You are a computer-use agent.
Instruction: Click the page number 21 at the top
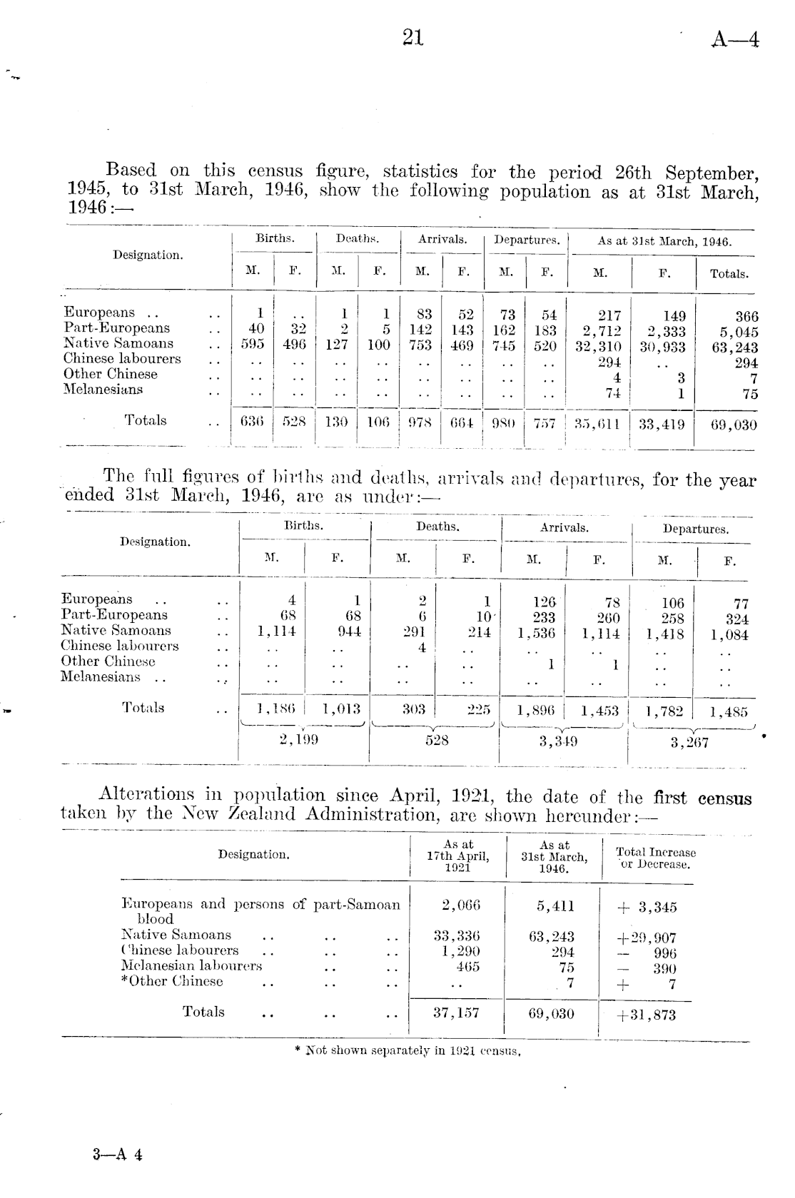coord(413,37)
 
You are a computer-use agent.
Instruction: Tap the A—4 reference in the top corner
coord(734,40)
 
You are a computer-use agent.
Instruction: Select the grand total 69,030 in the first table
coord(734,425)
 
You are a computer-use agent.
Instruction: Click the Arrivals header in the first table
coord(442,240)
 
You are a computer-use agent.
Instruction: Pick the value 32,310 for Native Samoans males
coord(598,347)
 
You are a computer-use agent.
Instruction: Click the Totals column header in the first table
coord(729,274)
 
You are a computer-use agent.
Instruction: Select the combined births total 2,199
coord(298,740)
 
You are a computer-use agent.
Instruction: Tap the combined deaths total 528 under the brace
coord(437,741)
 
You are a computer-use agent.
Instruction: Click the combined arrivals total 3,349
coord(558,741)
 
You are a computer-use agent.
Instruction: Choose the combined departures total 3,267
coord(689,743)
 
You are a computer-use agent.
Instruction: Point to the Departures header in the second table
coord(695,529)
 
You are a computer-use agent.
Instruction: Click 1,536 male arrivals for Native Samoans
coord(535,633)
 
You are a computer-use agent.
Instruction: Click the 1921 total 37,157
coord(457,1012)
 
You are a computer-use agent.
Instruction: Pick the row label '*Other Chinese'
coord(172,981)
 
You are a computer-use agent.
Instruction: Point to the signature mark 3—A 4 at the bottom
coord(118,1154)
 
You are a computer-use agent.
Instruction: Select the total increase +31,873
coord(645,1015)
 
